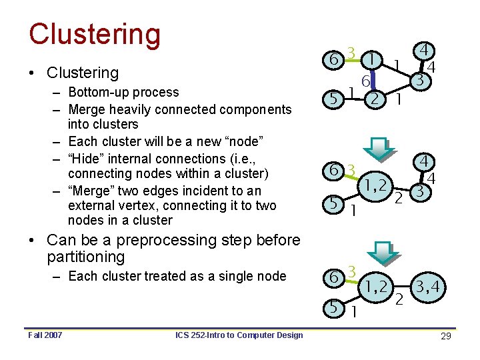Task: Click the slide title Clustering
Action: pos(95,35)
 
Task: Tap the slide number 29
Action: pos(446,336)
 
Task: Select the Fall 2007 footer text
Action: pos(45,335)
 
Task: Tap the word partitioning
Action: pos(86,257)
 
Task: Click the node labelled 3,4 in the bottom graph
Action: pos(430,288)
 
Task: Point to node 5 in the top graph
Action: pos(332,99)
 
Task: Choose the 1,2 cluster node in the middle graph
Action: pos(377,185)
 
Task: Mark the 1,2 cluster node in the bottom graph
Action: pos(377,288)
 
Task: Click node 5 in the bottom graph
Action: pos(332,307)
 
